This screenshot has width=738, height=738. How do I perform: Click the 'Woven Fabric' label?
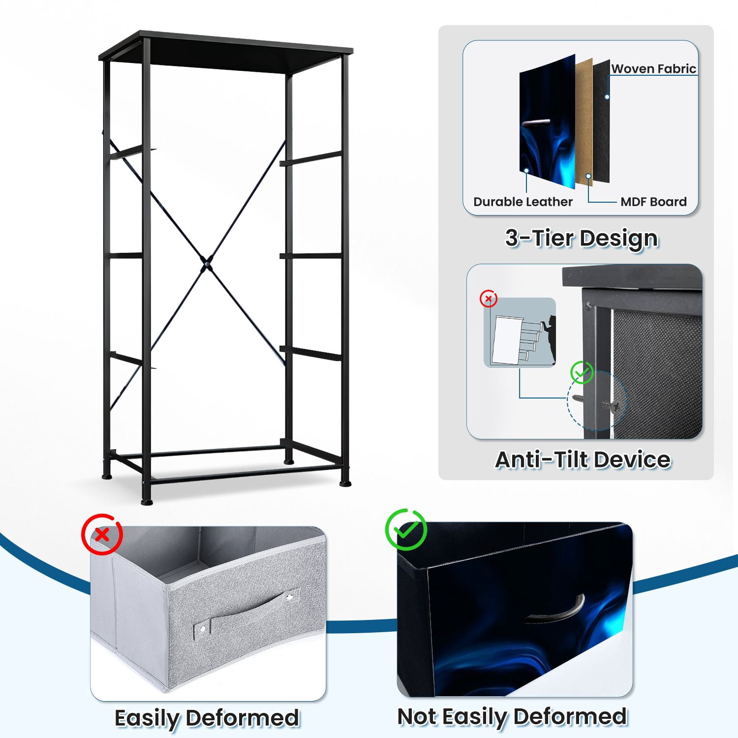pyautogui.click(x=653, y=68)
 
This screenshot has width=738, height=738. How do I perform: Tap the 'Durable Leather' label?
pyautogui.click(x=523, y=202)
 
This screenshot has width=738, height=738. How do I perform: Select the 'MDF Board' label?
pyautogui.click(x=653, y=202)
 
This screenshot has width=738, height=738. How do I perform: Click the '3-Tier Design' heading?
pyautogui.click(x=582, y=239)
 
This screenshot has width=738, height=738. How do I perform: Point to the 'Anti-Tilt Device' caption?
pyautogui.click(x=583, y=460)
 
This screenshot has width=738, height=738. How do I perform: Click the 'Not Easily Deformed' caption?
pyautogui.click(x=512, y=717)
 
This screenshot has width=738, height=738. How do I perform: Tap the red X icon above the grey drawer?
pyautogui.click(x=102, y=534)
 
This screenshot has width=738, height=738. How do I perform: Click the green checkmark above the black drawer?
pyautogui.click(x=406, y=529)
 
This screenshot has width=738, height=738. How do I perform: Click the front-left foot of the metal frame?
pyautogui.click(x=147, y=501)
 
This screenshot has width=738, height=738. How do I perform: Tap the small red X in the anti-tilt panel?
pyautogui.click(x=489, y=299)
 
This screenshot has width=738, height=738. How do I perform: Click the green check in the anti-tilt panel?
pyautogui.click(x=582, y=373)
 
